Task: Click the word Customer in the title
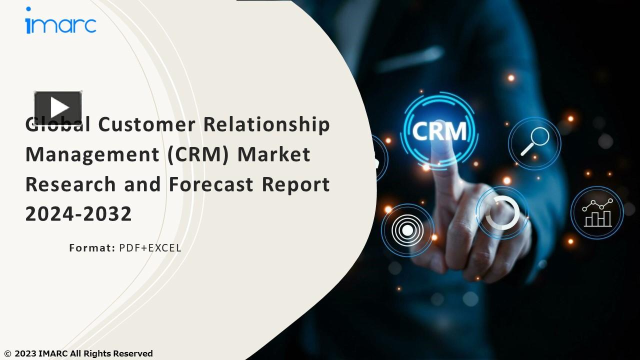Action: (x=146, y=124)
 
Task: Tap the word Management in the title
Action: (x=92, y=154)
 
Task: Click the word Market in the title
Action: (x=274, y=154)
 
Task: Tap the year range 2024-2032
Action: (x=78, y=214)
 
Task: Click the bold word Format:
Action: (x=92, y=247)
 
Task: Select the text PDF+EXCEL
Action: (x=150, y=247)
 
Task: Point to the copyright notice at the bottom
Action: (x=78, y=353)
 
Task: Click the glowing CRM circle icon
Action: (x=439, y=131)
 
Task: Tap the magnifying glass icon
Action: (x=534, y=142)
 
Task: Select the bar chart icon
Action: (x=597, y=212)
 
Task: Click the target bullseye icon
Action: (x=407, y=230)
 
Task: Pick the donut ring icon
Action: (x=502, y=212)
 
